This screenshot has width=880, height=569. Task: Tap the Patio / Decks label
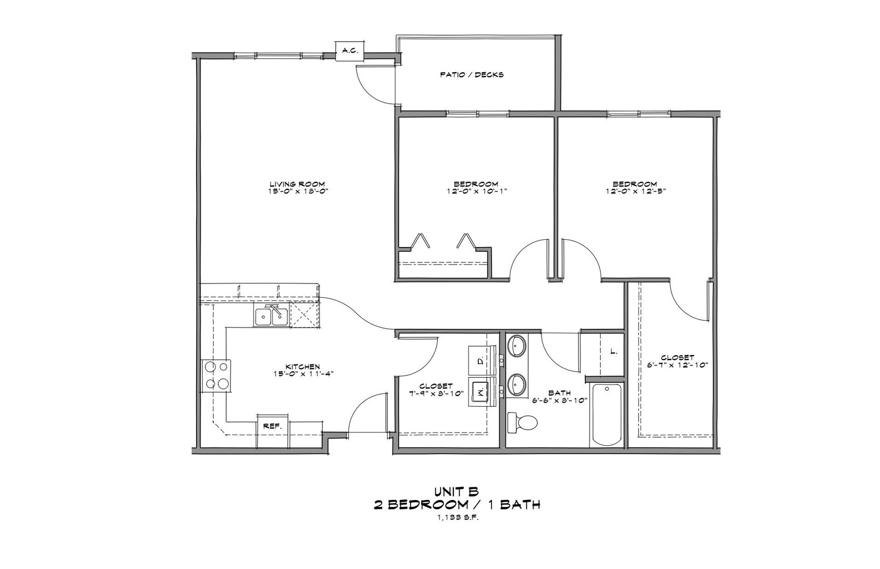(x=471, y=75)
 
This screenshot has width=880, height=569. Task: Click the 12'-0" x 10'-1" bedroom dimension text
(x=476, y=192)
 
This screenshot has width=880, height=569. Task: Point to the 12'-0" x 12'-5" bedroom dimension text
(x=635, y=192)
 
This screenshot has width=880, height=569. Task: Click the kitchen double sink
(x=271, y=317)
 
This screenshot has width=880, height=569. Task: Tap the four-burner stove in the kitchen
(x=217, y=375)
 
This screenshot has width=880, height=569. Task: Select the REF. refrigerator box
(x=273, y=426)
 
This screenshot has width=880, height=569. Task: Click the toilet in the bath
(x=522, y=423)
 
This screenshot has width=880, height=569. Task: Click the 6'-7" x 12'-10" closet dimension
(x=677, y=365)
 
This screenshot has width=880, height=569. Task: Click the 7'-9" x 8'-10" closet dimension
(x=432, y=393)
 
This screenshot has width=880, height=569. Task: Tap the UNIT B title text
(x=457, y=492)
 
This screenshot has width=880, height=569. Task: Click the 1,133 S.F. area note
(x=457, y=517)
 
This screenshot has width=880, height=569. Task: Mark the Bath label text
(x=559, y=393)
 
